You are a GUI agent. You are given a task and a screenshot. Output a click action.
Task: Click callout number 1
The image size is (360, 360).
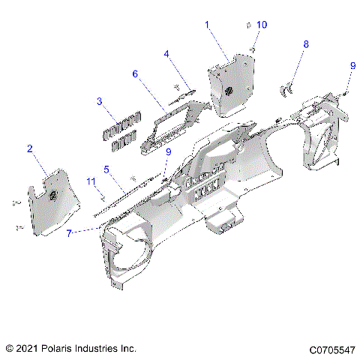[208, 25]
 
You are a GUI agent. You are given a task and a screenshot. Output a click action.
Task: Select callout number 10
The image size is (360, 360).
[261, 25]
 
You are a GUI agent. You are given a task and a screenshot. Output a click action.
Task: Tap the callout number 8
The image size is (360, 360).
[305, 45]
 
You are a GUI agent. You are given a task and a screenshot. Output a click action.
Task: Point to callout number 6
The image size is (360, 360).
[136, 74]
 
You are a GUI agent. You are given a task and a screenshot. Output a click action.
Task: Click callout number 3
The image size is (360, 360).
[99, 101]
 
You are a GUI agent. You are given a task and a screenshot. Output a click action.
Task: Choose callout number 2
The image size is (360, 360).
[30, 148]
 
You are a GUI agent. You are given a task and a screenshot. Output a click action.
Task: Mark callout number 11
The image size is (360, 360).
[91, 181]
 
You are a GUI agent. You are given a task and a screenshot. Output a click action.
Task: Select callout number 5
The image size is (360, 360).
[107, 169]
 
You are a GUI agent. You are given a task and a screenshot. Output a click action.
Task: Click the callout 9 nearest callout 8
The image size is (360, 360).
[352, 66]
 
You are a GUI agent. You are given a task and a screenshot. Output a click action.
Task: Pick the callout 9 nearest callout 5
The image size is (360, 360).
[168, 152]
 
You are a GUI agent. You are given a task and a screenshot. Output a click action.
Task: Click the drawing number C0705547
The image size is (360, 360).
[330, 349]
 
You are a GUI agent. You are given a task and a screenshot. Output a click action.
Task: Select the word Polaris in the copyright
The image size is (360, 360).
[61, 349]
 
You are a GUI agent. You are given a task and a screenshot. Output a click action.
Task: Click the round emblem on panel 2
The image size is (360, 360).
[55, 196]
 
